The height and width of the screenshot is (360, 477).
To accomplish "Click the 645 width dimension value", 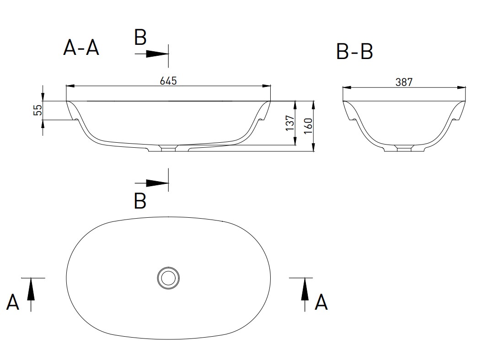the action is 168,81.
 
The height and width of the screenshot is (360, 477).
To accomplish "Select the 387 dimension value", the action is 404,82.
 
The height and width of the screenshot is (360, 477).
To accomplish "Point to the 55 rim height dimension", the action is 38,110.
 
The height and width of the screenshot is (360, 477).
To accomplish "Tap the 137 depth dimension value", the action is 290,123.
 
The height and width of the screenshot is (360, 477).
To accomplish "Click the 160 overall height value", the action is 308,126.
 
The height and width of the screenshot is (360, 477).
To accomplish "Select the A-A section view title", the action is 81,48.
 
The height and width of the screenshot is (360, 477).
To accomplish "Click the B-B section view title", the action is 354,51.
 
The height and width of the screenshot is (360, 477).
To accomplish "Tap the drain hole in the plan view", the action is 168,278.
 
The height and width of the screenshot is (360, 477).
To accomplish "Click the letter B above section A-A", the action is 140,38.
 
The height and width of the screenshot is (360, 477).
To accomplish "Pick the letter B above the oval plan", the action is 140,201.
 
